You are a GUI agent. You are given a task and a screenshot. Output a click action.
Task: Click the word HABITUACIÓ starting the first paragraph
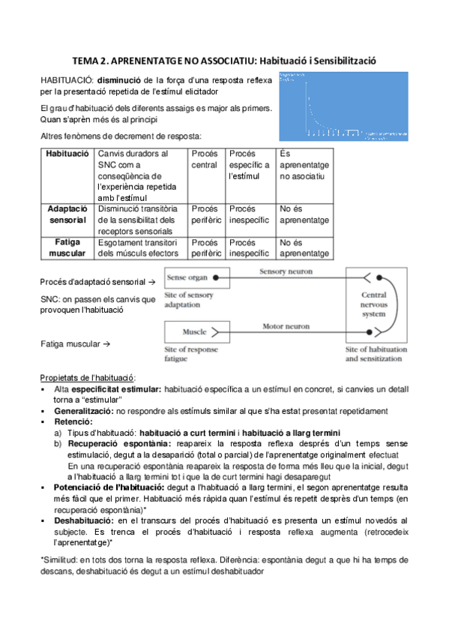(67, 80)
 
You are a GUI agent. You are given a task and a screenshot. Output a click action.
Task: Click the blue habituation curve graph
(343, 106)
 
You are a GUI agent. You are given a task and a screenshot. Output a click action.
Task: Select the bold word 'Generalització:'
(85, 411)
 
